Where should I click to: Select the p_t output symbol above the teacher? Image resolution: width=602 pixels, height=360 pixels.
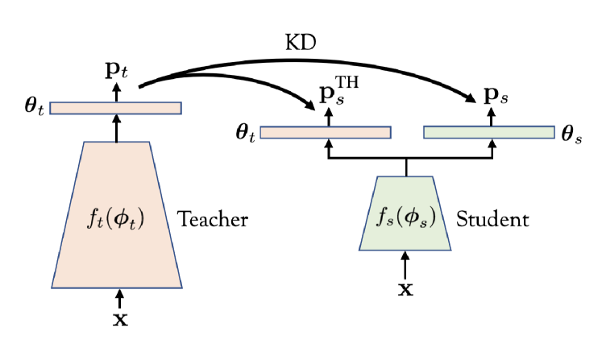coord(118,68)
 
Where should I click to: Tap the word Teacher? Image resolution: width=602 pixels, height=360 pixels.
coord(212,219)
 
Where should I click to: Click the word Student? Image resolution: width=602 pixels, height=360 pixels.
coord(492,219)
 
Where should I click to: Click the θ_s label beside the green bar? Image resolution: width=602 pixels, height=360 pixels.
coord(571,133)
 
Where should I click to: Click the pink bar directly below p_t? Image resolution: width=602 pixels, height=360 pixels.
coord(116,108)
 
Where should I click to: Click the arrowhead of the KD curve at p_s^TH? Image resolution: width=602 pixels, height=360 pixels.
coord(308,106)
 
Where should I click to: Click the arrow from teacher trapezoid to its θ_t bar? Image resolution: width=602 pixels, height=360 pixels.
coord(117,128)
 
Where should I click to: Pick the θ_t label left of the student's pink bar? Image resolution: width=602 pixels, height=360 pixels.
coord(246,133)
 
